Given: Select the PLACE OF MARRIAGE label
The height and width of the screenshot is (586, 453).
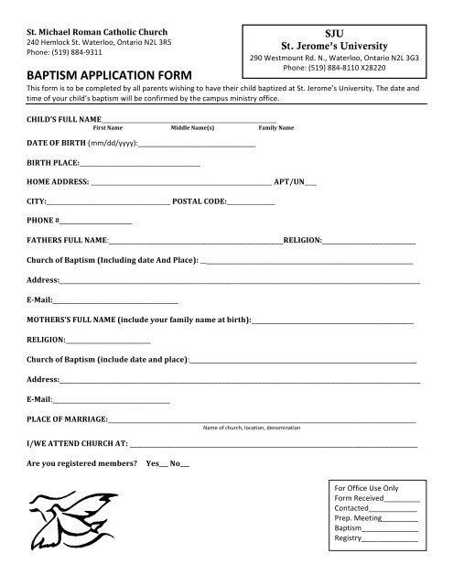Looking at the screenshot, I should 68,419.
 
